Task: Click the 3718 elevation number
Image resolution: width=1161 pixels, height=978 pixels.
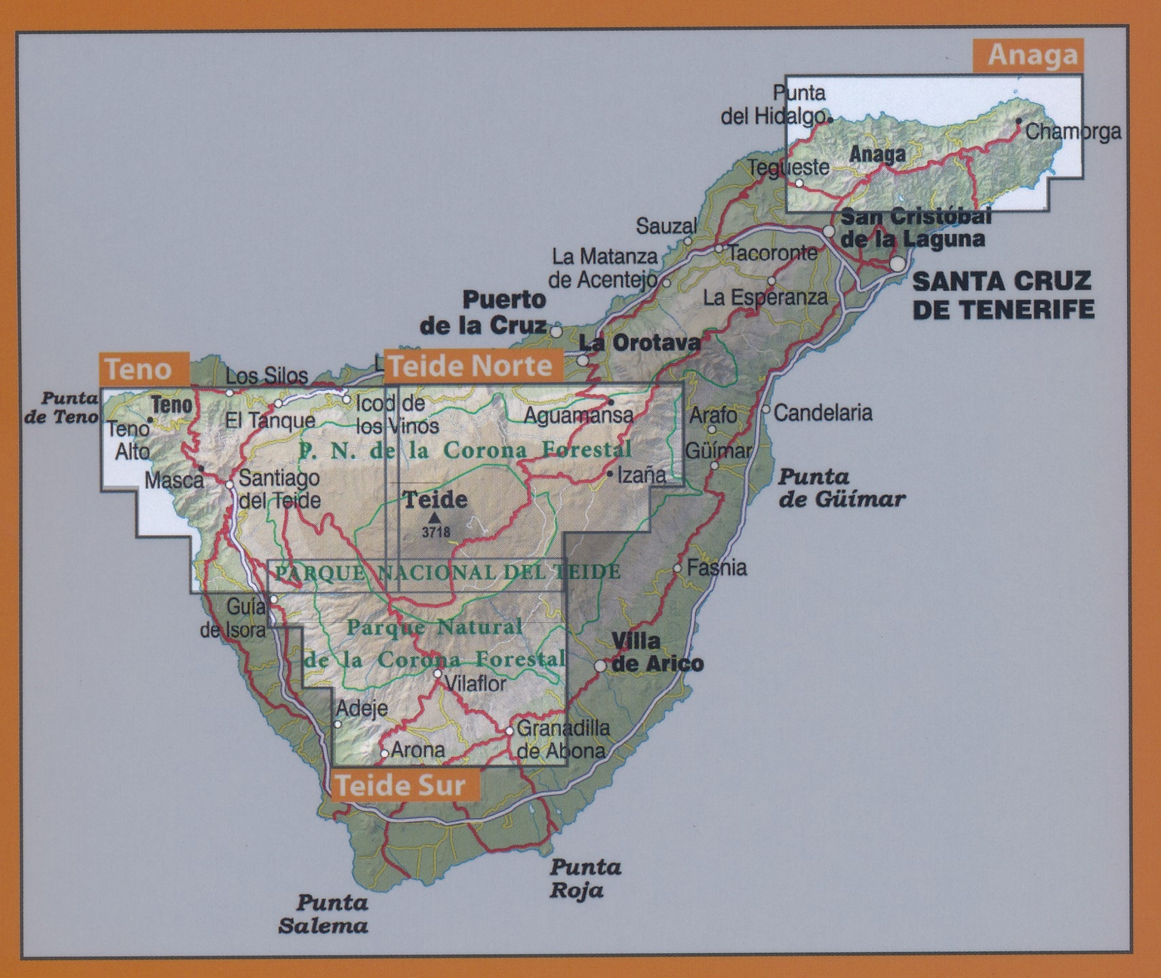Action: tap(436, 533)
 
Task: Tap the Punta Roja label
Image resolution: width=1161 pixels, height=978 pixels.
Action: tap(585, 878)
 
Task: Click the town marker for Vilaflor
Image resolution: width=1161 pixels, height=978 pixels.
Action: tap(438, 673)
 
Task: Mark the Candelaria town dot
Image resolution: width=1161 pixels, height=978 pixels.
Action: tap(766, 410)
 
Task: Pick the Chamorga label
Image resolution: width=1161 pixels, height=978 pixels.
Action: tap(1072, 131)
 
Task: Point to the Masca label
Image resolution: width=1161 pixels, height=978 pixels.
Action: tap(174, 480)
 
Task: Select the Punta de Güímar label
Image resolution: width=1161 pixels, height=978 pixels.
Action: tap(841, 488)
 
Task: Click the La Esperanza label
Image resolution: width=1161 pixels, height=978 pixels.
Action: tap(765, 297)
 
